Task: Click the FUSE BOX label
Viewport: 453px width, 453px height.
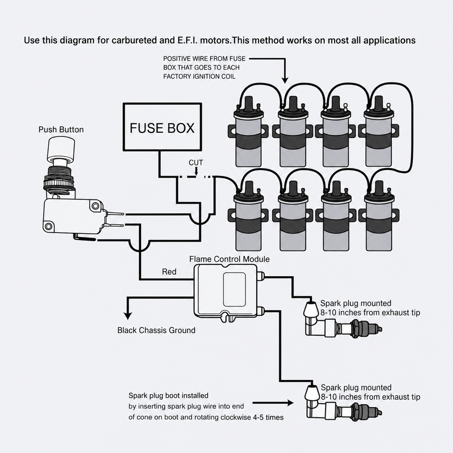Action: [162, 128]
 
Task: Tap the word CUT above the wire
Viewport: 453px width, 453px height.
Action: [196, 163]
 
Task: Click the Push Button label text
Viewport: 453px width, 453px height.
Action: [61, 129]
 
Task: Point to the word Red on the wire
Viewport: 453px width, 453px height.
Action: [169, 272]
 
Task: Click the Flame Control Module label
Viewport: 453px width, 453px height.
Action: [230, 259]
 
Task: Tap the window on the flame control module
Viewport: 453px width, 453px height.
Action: [234, 289]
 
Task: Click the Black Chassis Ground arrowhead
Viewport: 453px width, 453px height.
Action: [127, 315]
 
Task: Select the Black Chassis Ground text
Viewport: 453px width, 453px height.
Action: [157, 330]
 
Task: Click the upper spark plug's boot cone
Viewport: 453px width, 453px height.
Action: [310, 309]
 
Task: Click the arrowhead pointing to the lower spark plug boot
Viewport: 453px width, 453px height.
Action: [290, 403]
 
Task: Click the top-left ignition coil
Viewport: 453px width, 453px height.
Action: [249, 132]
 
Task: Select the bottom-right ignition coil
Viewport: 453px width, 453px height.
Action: [379, 216]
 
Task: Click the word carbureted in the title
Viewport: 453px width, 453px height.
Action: [134, 40]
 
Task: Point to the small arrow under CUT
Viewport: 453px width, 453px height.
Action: [196, 171]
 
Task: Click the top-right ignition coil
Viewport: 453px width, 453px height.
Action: [379, 132]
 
